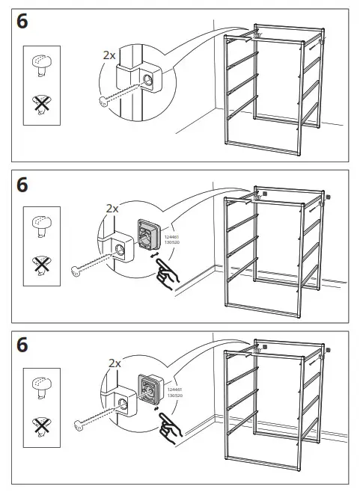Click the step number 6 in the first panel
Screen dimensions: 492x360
tap(22, 22)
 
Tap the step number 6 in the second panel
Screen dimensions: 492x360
tap(22, 184)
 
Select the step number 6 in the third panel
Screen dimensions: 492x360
tap(22, 345)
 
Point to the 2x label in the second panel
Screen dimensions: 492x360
tap(112, 209)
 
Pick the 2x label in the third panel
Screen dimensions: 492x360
tap(115, 363)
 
